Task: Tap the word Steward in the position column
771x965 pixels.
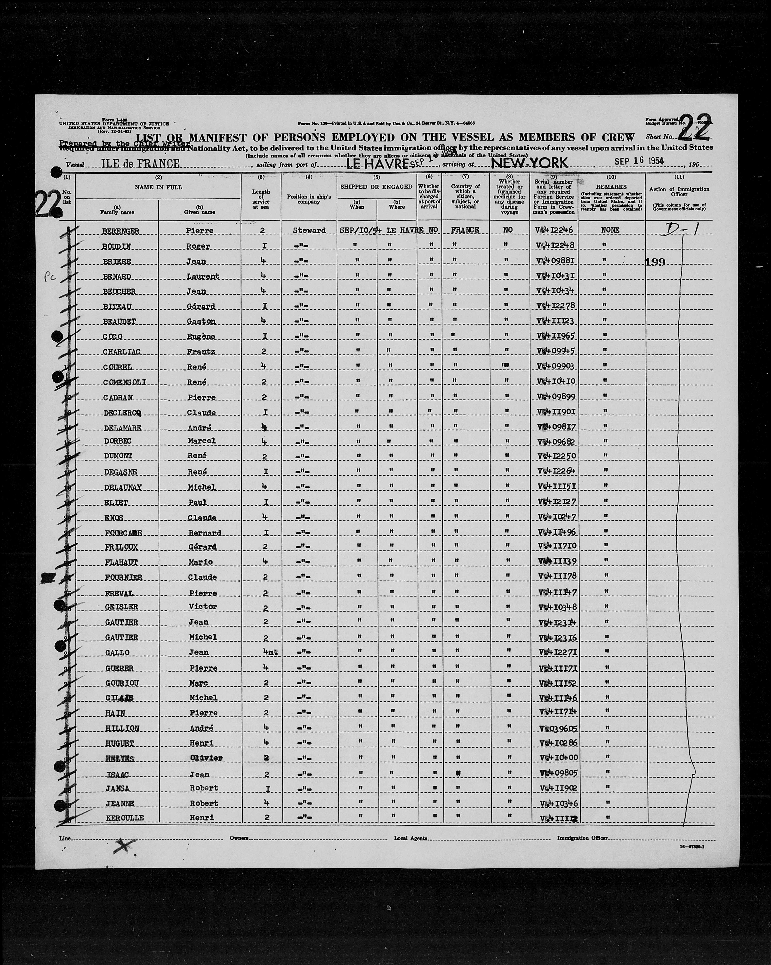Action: coord(309,230)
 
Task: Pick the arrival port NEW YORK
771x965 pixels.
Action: coord(530,163)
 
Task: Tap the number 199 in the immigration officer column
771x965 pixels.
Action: coord(655,262)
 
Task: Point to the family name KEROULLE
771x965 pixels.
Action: coord(125,818)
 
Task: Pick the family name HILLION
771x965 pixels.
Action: coord(122,728)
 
